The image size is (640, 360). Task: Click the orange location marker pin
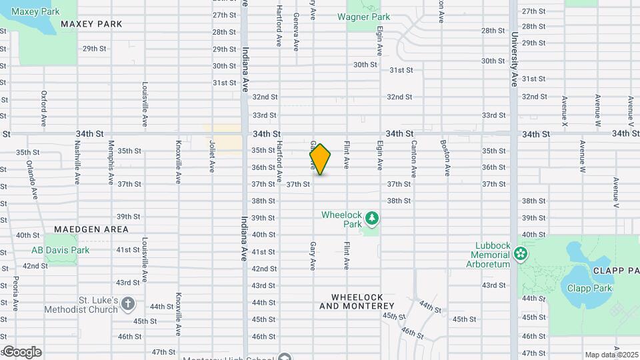pos(320,159)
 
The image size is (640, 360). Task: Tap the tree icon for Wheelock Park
pos(372,217)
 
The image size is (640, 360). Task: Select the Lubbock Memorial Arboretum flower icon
pos(521,253)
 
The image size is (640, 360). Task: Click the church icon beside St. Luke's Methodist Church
pos(128,305)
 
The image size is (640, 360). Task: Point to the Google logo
pos(21,352)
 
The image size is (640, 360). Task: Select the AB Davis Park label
pos(61,251)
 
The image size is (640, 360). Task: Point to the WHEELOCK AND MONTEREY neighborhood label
pos(357,301)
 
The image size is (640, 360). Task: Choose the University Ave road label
pos(514,60)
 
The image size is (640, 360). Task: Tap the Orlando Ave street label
pos(31,180)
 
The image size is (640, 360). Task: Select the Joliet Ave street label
pos(212,157)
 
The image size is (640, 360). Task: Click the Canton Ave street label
pos(414,158)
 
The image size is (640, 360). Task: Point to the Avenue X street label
pos(565,111)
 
